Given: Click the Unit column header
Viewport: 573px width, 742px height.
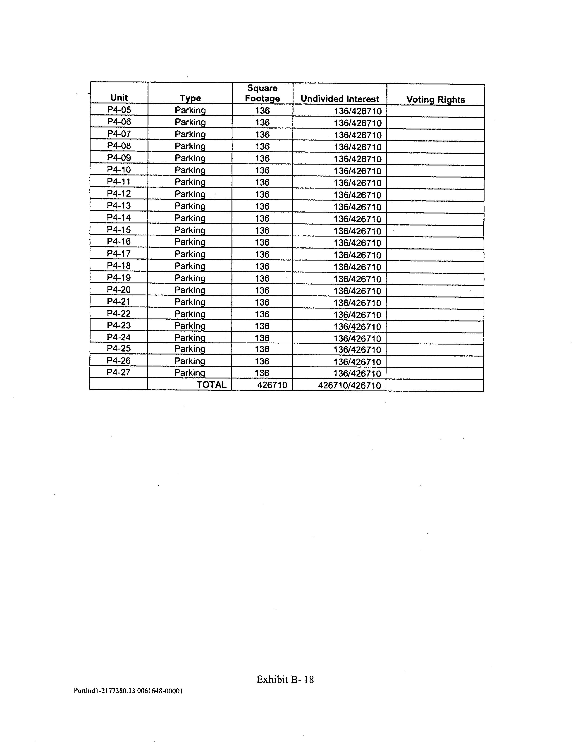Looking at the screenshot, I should coord(119,98).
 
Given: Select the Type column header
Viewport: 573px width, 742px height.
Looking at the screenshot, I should coord(190,98).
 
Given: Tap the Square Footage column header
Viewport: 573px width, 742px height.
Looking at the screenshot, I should coord(262,93).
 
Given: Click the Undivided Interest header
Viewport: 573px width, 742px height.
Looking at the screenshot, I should coord(340,99).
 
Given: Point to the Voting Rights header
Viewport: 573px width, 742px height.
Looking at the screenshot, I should coord(435,100).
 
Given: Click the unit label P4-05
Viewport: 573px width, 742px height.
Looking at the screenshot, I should coord(119,110).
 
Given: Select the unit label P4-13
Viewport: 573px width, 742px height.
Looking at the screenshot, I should coord(119,206).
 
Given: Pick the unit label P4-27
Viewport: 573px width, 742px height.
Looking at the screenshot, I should coord(119,372).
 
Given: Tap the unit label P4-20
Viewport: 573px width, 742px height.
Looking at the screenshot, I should coord(119,290).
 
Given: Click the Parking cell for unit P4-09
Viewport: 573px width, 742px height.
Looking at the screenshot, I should coord(190,158).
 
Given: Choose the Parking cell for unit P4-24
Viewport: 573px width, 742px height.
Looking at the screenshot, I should coord(190,338).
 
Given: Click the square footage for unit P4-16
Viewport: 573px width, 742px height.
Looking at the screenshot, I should coord(262,242).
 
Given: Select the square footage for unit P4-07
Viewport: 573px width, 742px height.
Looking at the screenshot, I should coord(262,134).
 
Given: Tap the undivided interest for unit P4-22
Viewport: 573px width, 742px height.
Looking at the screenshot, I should coord(357,315).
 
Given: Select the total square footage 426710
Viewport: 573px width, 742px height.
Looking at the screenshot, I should coord(272,385).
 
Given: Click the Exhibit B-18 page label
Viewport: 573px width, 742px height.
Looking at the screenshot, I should coord(285,680).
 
